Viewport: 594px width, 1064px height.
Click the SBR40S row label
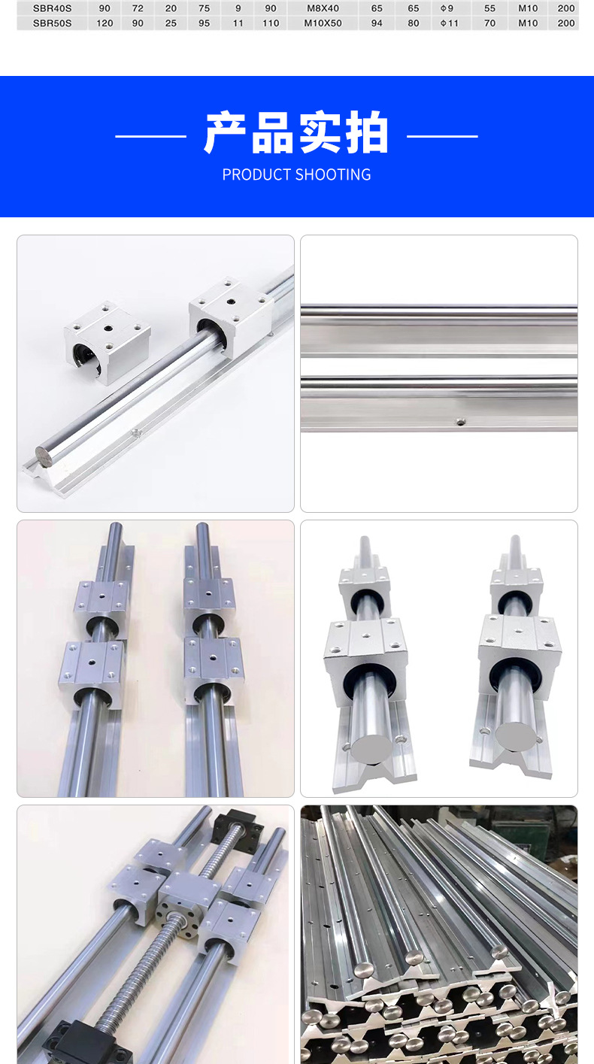[x=52, y=8]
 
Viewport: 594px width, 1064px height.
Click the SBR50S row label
[x=52, y=23]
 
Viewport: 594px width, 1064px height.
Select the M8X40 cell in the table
[x=323, y=8]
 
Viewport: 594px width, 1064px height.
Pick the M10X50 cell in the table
[x=323, y=23]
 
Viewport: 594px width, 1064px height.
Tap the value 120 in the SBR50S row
[x=105, y=23]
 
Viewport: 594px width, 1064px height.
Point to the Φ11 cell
[x=449, y=23]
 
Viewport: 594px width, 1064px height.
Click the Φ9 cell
[x=447, y=8]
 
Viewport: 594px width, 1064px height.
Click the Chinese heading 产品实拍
[x=297, y=132]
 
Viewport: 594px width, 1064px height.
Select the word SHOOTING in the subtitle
[x=333, y=174]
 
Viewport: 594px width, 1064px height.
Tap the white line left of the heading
[x=151, y=136]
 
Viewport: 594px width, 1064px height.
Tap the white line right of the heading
[x=443, y=136]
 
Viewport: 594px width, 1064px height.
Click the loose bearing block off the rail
[x=108, y=342]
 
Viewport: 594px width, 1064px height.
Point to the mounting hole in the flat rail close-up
[x=459, y=421]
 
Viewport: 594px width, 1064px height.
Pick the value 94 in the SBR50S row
[x=377, y=23]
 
